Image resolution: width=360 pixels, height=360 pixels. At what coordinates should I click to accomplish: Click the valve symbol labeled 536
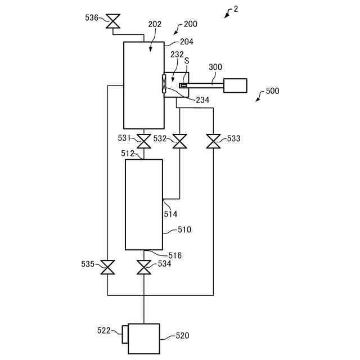click(113, 21)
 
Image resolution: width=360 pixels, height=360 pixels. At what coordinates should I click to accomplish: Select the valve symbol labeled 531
click(144, 141)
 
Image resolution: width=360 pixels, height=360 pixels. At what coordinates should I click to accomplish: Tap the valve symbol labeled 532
click(179, 141)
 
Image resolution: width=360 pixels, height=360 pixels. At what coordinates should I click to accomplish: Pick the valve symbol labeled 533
click(213, 141)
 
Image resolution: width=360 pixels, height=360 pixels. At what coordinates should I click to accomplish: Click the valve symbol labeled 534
click(144, 267)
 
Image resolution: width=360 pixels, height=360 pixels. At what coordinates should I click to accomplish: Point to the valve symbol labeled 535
click(107, 267)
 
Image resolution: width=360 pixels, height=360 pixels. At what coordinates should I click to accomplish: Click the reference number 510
click(184, 229)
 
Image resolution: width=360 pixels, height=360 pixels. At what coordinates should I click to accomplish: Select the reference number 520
click(182, 335)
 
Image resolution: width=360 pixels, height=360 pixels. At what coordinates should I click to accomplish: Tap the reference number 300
click(215, 67)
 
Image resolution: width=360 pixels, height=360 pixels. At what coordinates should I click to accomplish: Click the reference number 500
click(272, 91)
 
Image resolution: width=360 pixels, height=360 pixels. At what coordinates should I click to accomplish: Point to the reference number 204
click(186, 42)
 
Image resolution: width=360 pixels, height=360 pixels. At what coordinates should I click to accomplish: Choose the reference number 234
click(202, 100)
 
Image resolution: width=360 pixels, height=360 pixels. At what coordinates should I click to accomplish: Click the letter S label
click(187, 61)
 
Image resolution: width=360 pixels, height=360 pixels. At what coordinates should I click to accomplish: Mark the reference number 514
click(170, 214)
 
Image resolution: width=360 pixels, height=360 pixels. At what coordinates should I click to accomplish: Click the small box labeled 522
click(125, 334)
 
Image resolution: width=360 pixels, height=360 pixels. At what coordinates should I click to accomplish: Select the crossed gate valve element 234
click(164, 84)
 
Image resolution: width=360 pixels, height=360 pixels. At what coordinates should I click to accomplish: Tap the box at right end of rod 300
click(235, 85)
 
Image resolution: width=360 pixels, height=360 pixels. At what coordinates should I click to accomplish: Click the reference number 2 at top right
click(236, 9)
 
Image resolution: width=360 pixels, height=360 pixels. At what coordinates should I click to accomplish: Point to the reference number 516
click(175, 255)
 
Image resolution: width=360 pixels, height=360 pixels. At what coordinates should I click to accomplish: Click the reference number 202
click(155, 24)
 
